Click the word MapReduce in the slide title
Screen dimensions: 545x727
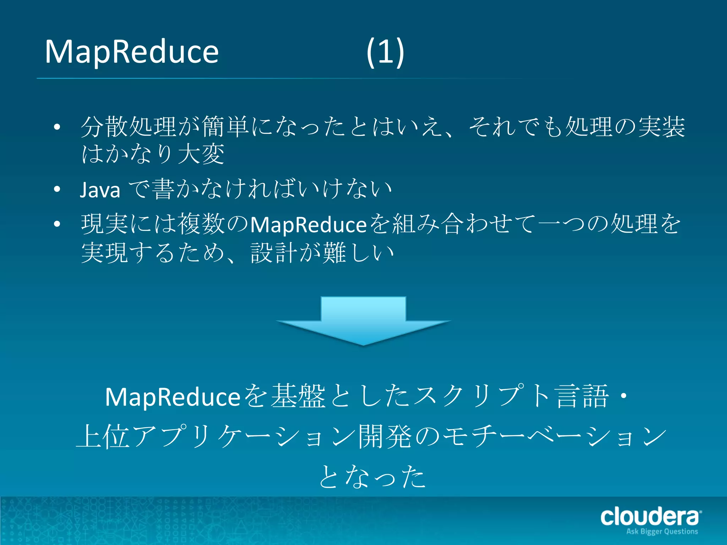[131, 52]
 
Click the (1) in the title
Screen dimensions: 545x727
[385, 52]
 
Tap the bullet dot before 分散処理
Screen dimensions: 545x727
[57, 127]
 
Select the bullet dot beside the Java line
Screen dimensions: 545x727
[57, 189]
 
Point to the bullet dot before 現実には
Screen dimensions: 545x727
[57, 224]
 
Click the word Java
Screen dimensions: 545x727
[100, 189]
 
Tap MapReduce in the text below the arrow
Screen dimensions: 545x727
[173, 397]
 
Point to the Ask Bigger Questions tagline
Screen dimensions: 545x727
[662, 532]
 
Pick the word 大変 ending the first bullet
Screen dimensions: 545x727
[201, 154]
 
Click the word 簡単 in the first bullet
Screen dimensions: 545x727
[226, 127]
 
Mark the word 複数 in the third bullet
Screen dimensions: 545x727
[201, 224]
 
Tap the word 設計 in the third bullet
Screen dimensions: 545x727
[274, 253]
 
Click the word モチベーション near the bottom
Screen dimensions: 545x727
[554, 436]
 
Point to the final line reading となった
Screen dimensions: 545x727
[372, 477]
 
